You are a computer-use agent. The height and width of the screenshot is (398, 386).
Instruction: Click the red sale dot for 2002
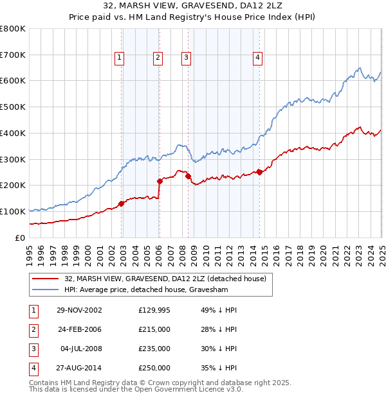pyautogui.click(x=121, y=203)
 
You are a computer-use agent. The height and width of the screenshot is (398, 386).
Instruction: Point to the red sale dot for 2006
pyautogui.click(x=160, y=181)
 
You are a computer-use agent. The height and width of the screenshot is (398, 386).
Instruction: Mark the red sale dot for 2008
pyautogui.click(x=188, y=176)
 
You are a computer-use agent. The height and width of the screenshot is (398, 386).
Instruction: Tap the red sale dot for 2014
pyautogui.click(x=259, y=171)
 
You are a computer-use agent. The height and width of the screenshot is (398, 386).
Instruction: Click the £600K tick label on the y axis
pyautogui.click(x=13, y=81)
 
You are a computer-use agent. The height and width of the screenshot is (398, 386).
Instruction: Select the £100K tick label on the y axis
pyautogui.click(x=13, y=211)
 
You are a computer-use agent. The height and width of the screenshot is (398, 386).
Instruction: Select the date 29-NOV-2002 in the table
pyautogui.click(x=80, y=310)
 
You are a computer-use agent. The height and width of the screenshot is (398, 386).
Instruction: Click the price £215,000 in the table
pyautogui.click(x=154, y=329)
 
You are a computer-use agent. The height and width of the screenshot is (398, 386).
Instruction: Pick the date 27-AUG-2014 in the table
pyautogui.click(x=80, y=368)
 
